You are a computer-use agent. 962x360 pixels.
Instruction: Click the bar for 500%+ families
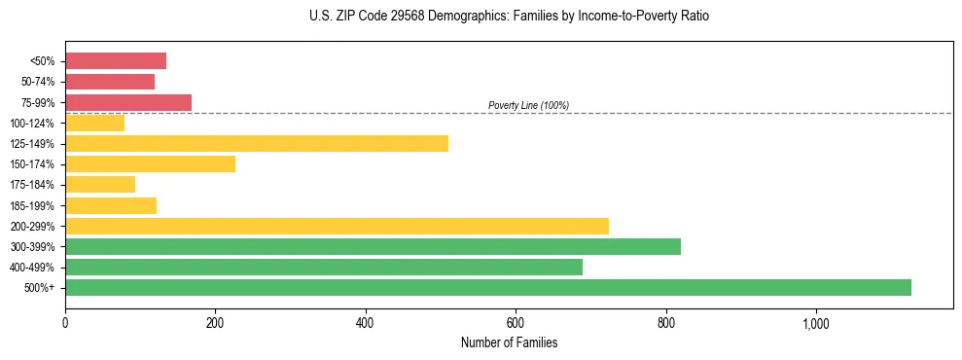point(487,287)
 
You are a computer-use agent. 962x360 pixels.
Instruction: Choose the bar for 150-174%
point(150,163)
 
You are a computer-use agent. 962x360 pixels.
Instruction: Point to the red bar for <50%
point(116,60)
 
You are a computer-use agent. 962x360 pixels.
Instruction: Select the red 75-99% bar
point(128,102)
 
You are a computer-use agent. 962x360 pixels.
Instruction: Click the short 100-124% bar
point(94,123)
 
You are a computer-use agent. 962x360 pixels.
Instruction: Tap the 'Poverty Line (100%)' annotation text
point(528,105)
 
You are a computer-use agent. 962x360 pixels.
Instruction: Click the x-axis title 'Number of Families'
point(509,342)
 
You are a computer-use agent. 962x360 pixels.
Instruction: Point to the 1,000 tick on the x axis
point(815,323)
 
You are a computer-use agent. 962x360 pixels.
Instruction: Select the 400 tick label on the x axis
point(366,323)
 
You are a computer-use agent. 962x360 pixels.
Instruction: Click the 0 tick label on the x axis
point(65,323)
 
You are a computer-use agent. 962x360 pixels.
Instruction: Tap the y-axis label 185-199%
point(32,205)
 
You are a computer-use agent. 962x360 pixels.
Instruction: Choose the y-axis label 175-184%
point(32,185)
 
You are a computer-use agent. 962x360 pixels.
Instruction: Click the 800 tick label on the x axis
point(665,323)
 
